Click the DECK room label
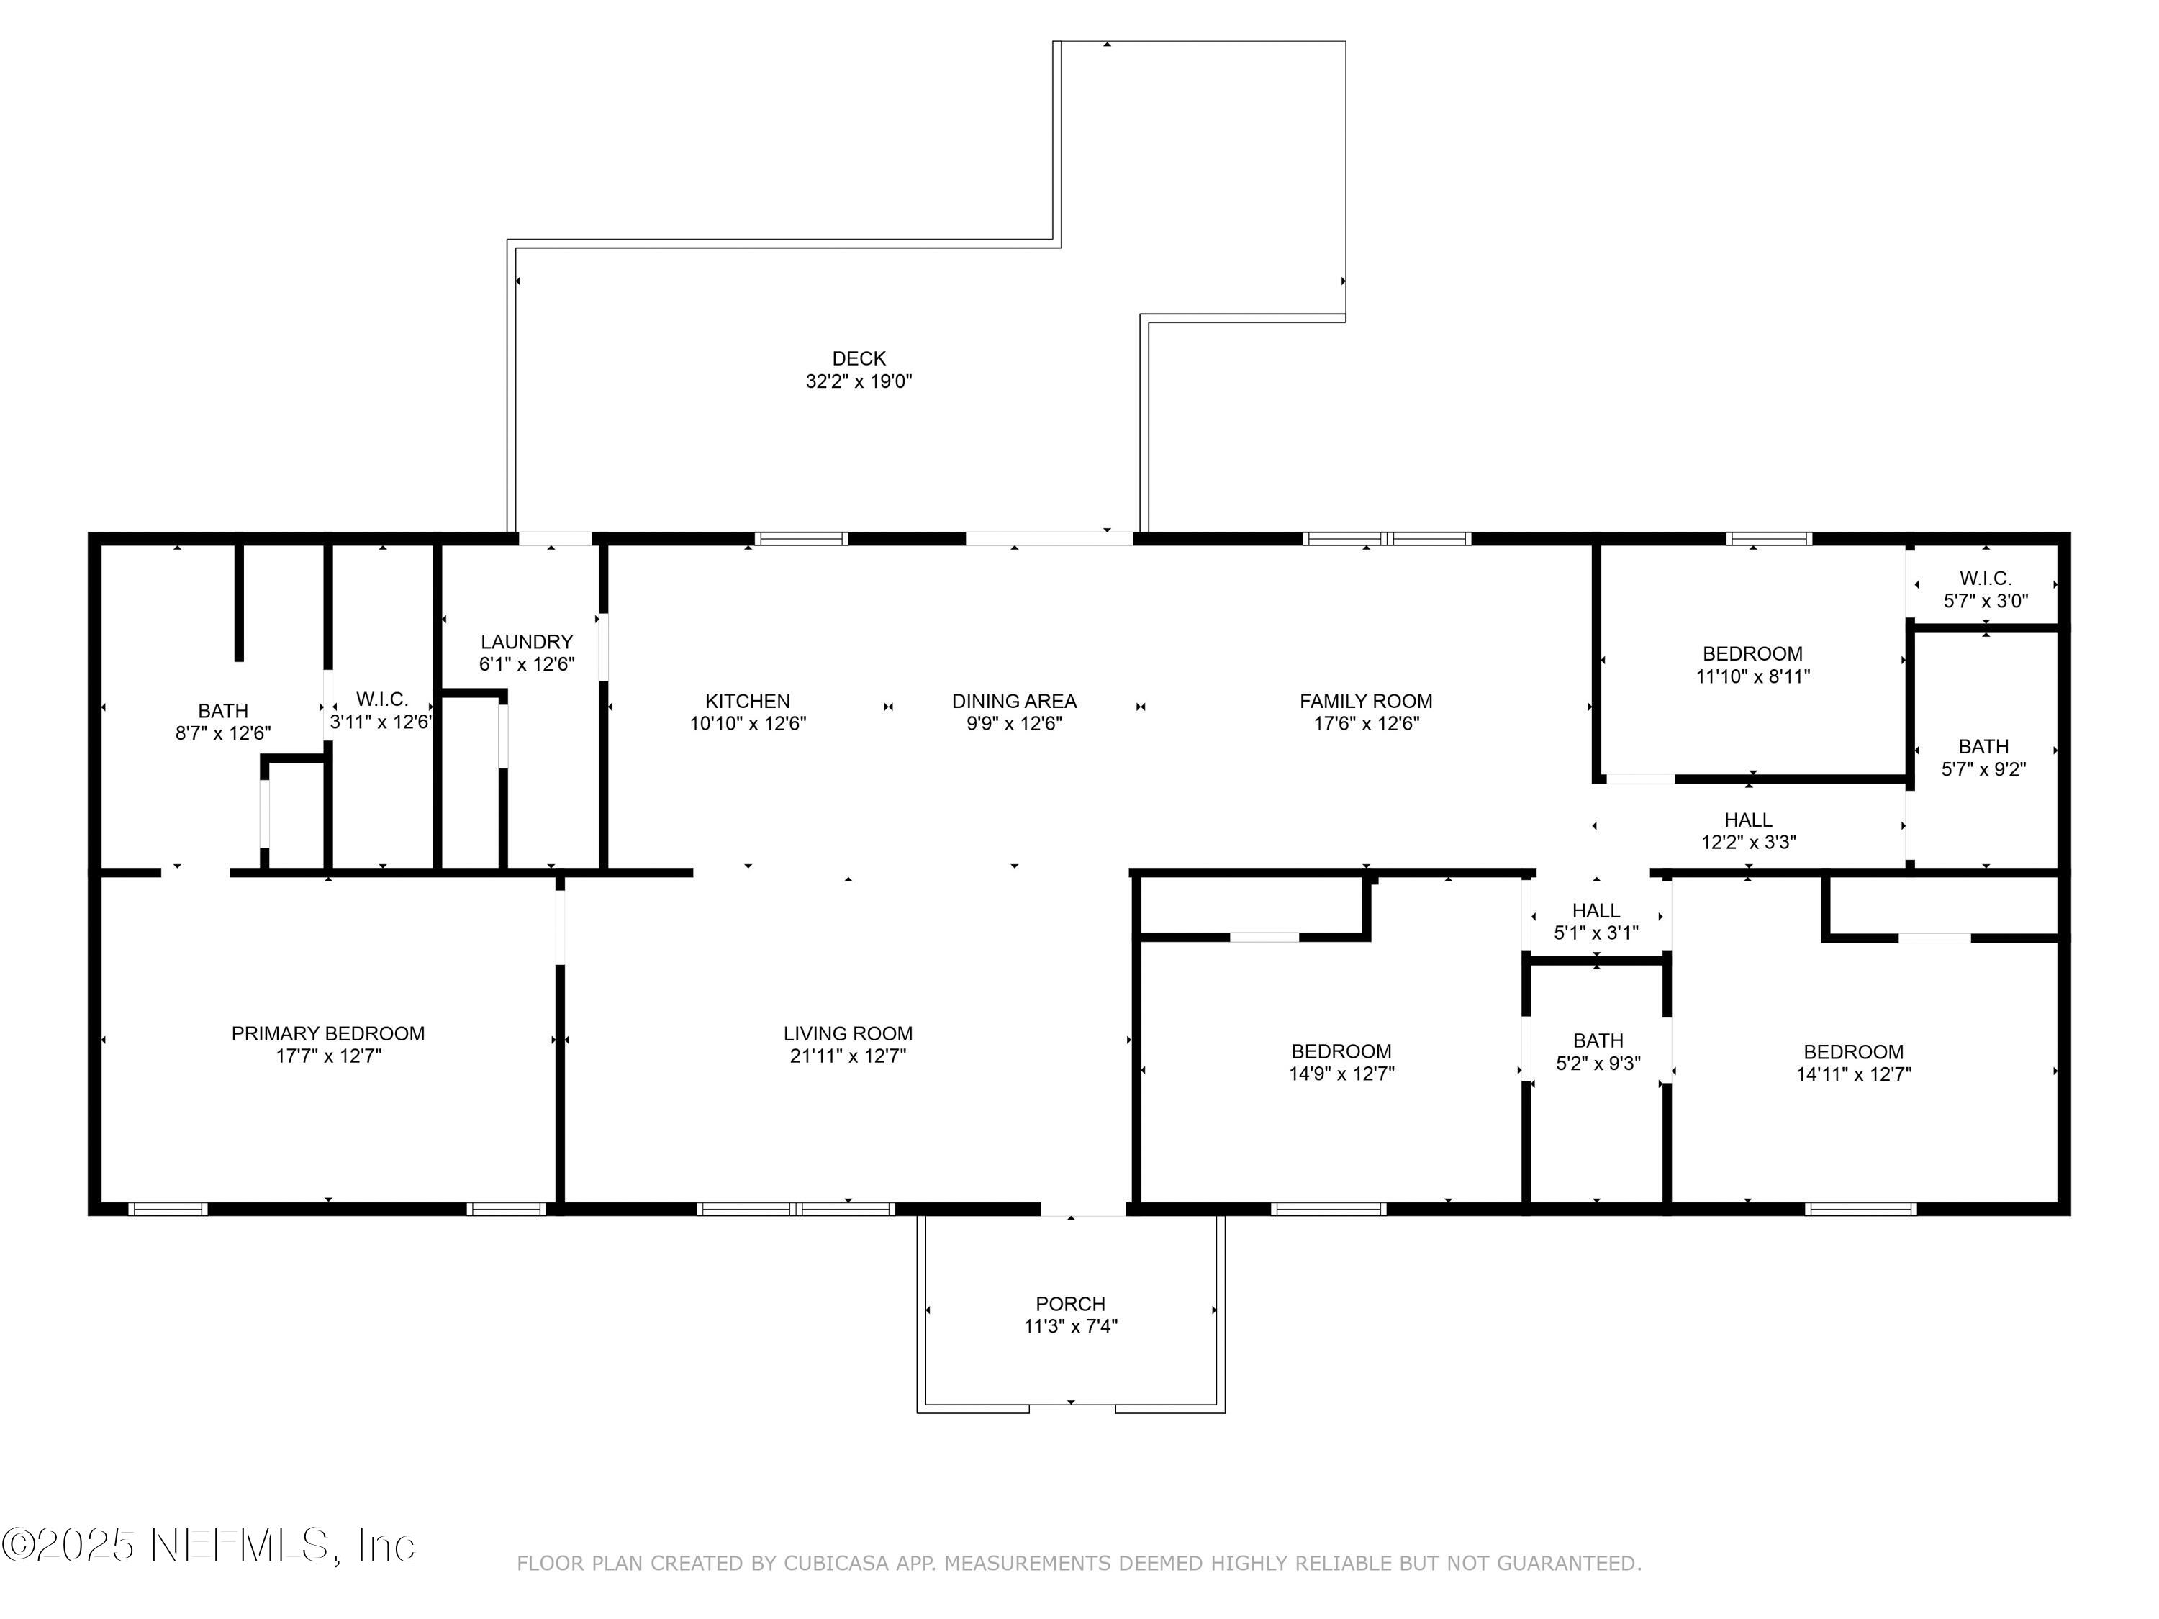pyautogui.click(x=858, y=359)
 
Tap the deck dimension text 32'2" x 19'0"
pyautogui.click(x=858, y=381)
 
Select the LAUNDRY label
pyautogui.click(x=526, y=642)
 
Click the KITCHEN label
pyautogui.click(x=748, y=702)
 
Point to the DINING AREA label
pyautogui.click(x=1014, y=702)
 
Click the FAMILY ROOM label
pyautogui.click(x=1365, y=702)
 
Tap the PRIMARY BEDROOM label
pyautogui.click(x=328, y=1033)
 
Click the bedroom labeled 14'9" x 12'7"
pyautogui.click(x=1341, y=1062)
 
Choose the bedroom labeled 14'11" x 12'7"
pyautogui.click(x=1852, y=1063)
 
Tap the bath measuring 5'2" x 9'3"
pyautogui.click(x=1598, y=1052)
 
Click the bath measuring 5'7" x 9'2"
pyautogui.click(x=1983, y=757)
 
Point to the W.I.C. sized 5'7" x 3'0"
pyautogui.click(x=1986, y=589)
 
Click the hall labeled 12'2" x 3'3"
pyautogui.click(x=1748, y=830)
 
